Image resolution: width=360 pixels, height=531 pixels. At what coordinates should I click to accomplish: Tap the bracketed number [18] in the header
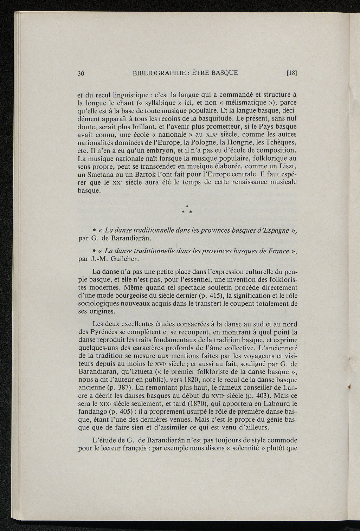(292, 73)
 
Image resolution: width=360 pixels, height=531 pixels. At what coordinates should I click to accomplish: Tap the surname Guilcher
(114, 259)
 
